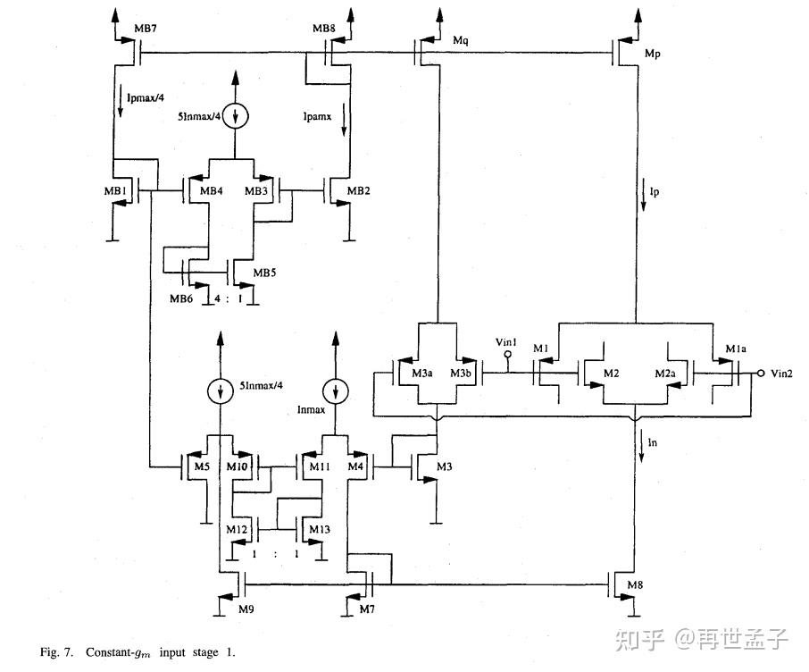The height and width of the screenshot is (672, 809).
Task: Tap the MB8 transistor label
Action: [x=324, y=29]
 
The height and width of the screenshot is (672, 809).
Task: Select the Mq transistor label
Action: [x=462, y=41]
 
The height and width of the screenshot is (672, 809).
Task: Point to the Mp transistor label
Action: [x=655, y=56]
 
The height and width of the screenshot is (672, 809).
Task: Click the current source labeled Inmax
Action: [x=337, y=391]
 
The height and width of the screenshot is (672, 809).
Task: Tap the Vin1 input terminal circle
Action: [x=508, y=354]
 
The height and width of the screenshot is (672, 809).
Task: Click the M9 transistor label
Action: [x=247, y=609]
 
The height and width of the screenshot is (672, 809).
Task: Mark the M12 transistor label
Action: [x=236, y=530]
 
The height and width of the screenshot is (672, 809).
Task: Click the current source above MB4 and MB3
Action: [x=236, y=115]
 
